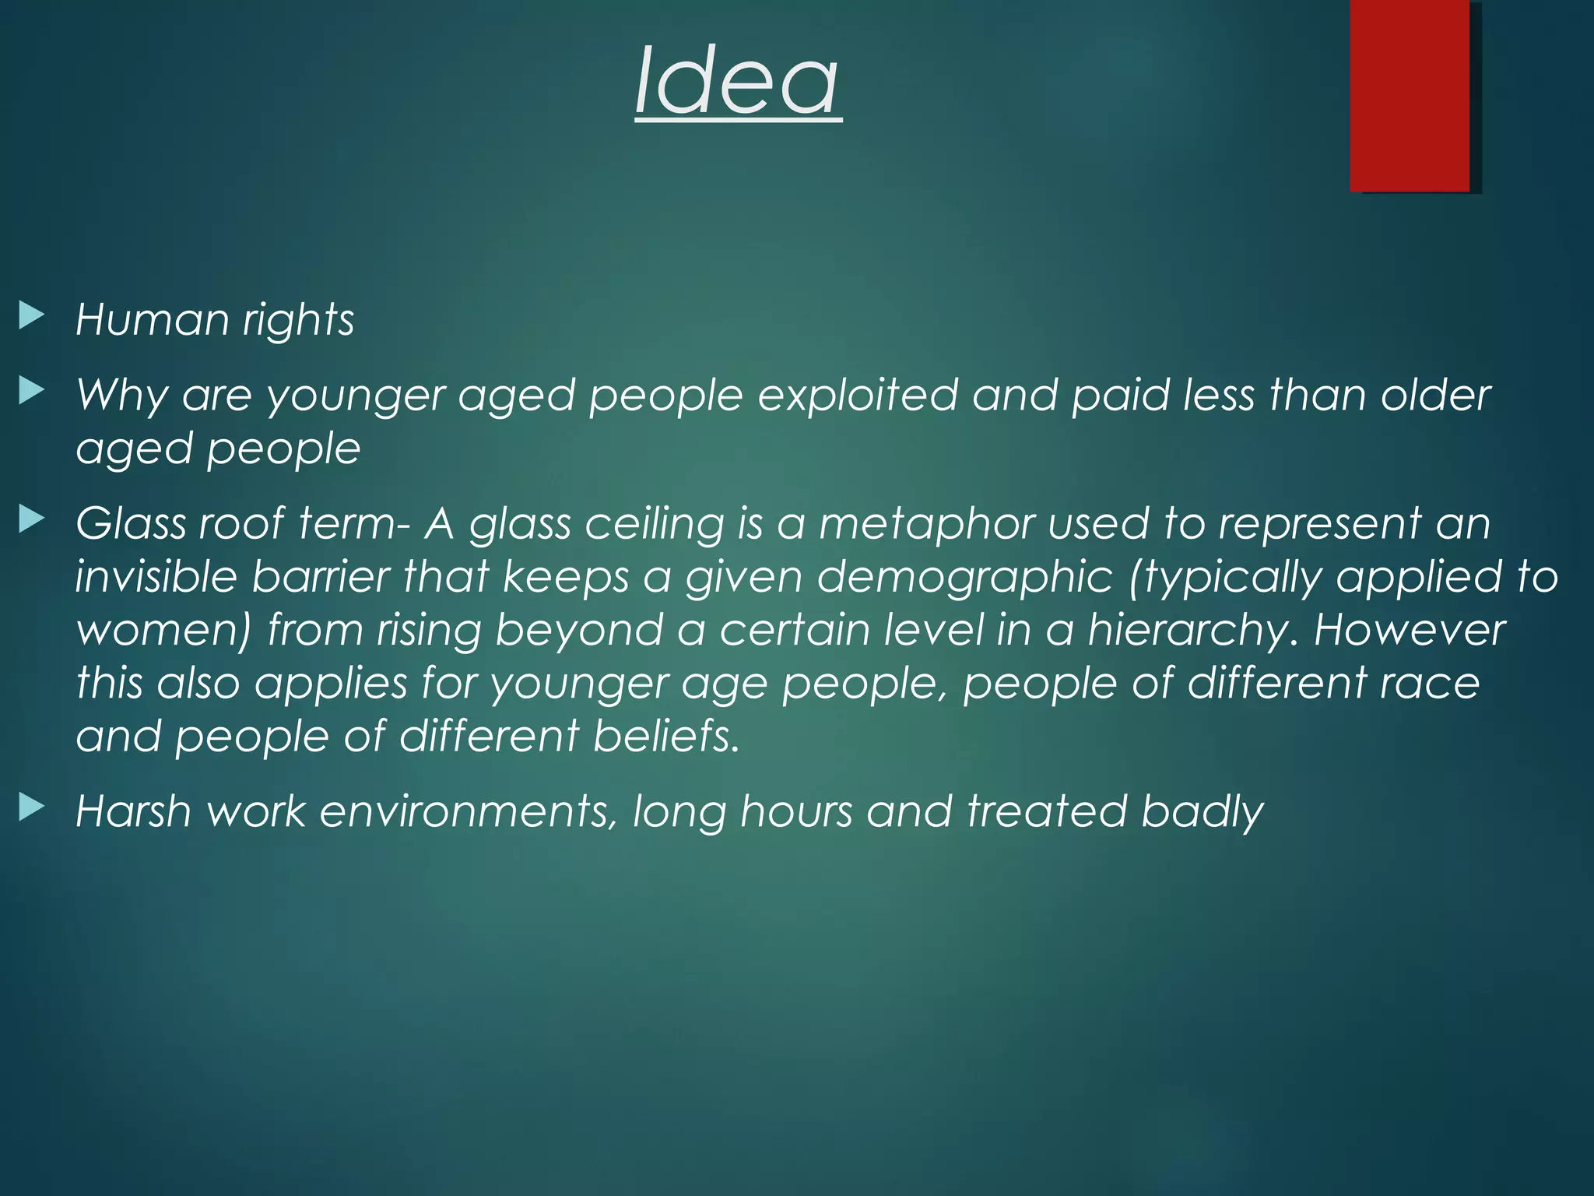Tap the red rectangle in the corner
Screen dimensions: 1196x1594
point(1410,95)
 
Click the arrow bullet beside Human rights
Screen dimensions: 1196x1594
point(31,316)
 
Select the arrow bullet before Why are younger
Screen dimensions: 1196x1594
point(31,391)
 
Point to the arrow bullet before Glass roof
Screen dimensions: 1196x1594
point(31,519)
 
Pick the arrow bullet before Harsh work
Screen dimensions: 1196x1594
point(31,807)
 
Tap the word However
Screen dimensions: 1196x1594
point(1409,630)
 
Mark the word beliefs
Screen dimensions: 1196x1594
point(665,736)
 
